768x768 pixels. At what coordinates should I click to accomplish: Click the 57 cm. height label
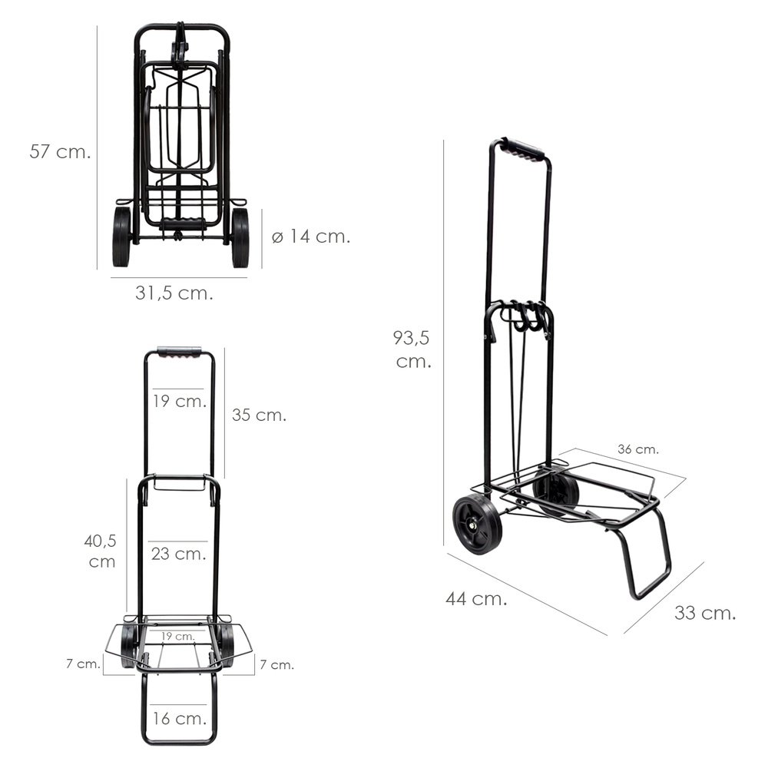pos(60,151)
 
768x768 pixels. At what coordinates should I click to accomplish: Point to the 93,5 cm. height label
pos(412,349)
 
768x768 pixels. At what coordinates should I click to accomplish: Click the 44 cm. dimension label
pos(476,598)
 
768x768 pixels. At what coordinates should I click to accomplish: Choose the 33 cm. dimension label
pos(705,613)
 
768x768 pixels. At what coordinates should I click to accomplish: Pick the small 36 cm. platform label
pos(637,449)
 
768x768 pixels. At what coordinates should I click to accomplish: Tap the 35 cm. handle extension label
pos(259,415)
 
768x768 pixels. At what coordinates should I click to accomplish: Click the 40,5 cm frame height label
pos(101,551)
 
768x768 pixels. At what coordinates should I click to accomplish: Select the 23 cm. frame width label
pos(178,554)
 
